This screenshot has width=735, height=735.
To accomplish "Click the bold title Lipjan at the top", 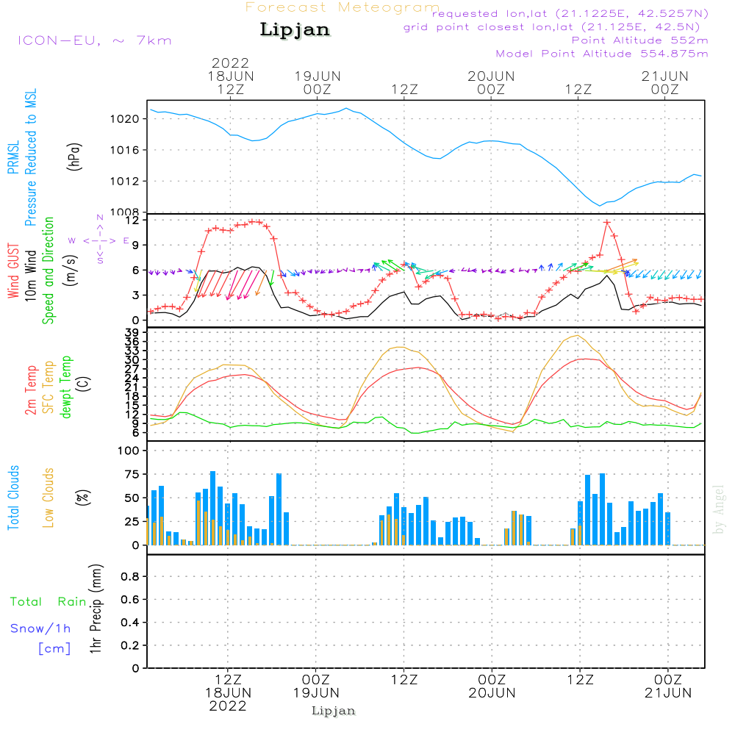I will pos(295,30).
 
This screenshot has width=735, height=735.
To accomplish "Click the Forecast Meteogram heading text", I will pos(343,7).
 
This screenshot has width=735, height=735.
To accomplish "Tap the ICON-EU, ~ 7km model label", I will pos(94,40).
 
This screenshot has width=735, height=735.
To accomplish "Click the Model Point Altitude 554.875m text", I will pos(601,54).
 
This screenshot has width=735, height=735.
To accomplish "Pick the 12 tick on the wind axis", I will pos(133,220).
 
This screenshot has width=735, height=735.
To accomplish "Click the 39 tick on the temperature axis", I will pos(132,333).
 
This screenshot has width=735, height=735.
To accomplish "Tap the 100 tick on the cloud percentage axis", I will pos(129,451).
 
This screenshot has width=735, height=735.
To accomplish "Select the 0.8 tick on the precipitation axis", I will pos(130,576).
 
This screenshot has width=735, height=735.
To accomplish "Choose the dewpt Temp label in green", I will pos(65,388).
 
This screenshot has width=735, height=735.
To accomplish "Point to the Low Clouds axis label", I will pos(49,498).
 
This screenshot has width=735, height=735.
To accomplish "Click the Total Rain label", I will pos(49,602).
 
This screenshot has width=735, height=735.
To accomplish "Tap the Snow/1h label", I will pos(41,628).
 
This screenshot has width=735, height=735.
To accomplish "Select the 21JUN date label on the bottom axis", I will pos(667,692).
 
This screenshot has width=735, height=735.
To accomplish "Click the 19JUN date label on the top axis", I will pos(317,76).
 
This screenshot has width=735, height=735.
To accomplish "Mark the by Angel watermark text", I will pos(719,509).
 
